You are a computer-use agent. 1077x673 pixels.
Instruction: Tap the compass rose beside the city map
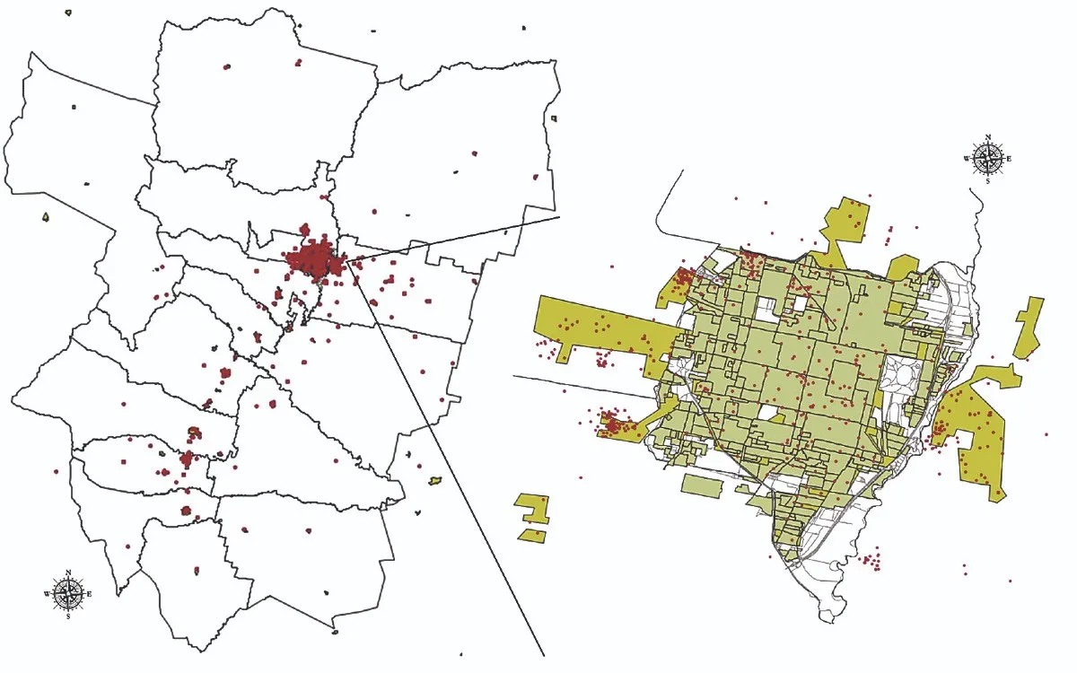(987, 159)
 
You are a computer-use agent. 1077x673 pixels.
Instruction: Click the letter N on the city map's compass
(987, 138)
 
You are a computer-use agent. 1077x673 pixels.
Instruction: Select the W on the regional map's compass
(47, 593)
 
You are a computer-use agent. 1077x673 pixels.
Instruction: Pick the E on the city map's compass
(1009, 159)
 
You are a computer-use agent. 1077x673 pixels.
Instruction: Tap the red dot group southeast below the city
(870, 563)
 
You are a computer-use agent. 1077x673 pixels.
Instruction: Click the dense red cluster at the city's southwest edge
(613, 422)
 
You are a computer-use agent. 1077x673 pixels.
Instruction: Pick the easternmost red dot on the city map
(1046, 434)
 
